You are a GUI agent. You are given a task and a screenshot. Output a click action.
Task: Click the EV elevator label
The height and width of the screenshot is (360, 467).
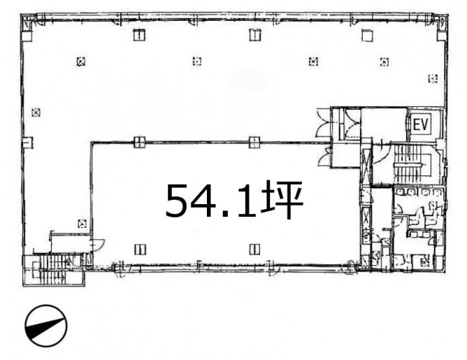(x=420, y=124)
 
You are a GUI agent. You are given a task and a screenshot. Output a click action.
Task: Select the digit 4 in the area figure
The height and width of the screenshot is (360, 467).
(x=209, y=200)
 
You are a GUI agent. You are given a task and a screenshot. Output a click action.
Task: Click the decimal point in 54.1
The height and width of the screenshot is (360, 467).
(x=230, y=213)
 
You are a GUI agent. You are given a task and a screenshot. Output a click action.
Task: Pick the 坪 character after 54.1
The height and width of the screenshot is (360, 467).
(x=282, y=200)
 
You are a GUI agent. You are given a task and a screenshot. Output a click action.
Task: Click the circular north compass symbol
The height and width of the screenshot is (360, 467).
(x=46, y=326)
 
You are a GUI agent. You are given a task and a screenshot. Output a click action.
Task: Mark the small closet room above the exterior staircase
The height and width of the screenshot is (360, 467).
(x=70, y=244)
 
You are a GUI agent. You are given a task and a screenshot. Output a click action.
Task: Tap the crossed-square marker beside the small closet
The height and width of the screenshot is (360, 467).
(x=82, y=223)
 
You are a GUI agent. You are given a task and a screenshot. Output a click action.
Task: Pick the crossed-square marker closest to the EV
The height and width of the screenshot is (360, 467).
(x=433, y=78)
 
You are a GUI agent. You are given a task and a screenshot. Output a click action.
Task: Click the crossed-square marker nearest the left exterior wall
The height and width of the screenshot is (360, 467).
(x=36, y=112)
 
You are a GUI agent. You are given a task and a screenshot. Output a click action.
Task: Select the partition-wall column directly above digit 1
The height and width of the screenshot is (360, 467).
(x=254, y=142)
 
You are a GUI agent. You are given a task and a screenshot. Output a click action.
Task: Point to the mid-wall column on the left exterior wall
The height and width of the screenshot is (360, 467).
(x=28, y=142)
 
